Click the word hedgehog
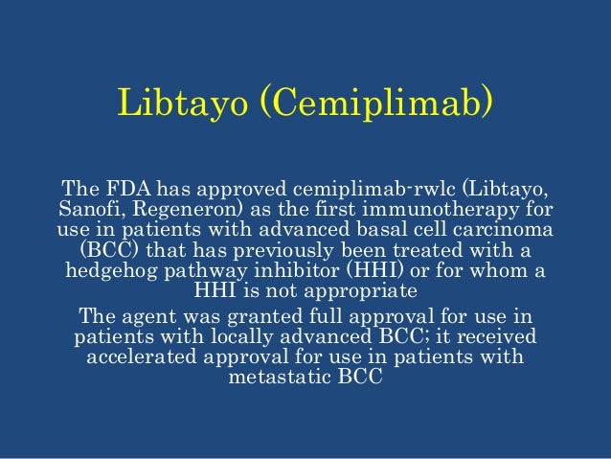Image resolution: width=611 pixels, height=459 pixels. point(110,270)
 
